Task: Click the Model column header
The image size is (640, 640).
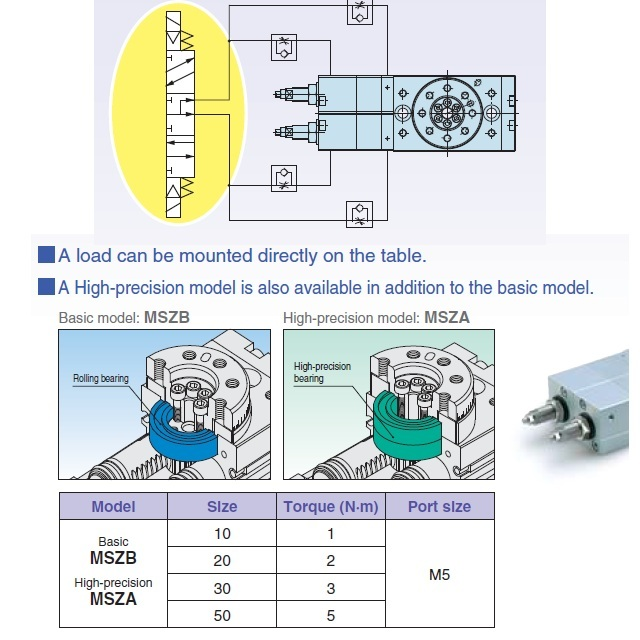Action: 113,507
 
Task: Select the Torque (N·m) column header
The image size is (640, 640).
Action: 330,507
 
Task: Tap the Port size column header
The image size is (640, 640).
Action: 439,507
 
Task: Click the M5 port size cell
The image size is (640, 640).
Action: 439,575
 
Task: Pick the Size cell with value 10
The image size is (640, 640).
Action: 222,533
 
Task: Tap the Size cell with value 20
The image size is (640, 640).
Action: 222,560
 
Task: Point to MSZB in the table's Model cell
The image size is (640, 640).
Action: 113,558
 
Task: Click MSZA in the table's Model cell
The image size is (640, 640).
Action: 113,600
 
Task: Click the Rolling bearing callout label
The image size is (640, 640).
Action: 101,379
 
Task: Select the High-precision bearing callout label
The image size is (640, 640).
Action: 322,372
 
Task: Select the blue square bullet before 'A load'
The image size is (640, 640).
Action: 46,255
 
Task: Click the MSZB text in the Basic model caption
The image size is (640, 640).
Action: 167,318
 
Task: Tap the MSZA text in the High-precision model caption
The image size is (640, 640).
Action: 446,318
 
